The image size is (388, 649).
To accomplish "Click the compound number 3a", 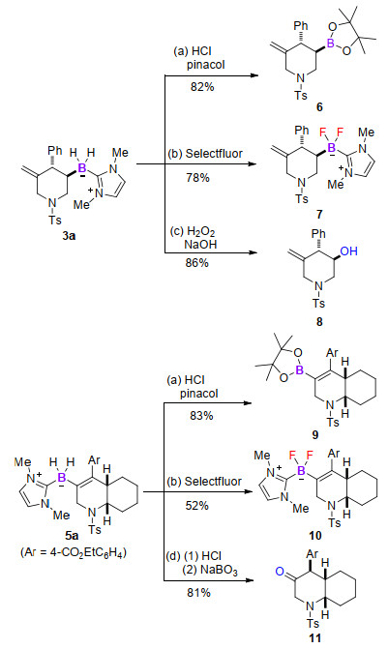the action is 69,236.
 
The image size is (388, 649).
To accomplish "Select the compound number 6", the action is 319,107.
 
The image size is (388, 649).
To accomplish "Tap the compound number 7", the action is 319,215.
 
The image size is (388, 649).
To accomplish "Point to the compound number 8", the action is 319,322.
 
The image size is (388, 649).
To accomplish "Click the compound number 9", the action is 315,435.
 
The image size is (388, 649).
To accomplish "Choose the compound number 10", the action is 315,536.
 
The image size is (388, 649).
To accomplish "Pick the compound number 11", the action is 315,637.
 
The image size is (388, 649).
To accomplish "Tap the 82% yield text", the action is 202,87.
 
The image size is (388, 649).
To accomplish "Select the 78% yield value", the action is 198,178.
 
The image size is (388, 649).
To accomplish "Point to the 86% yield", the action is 197,263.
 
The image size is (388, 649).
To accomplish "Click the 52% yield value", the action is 197,506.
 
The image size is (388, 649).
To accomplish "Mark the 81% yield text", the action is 198,593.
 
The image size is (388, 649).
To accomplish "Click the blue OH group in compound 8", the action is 348,251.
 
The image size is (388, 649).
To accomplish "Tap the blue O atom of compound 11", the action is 280,573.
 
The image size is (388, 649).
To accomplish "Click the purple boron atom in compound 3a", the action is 82,168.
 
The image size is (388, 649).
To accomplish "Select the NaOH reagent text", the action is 200,244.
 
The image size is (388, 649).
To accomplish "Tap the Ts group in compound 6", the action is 301,95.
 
